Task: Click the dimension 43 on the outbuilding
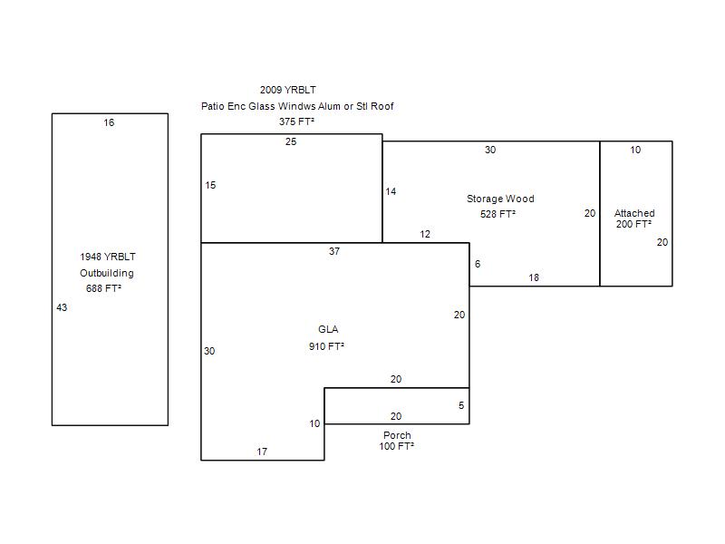tap(62, 307)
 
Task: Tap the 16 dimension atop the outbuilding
tap(109, 122)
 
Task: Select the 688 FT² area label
tap(103, 288)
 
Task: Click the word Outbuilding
tap(107, 273)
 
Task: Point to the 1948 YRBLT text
tap(108, 257)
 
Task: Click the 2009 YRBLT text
tap(287, 90)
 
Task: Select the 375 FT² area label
tap(296, 121)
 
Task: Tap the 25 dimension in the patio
tap(291, 141)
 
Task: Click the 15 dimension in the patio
tap(210, 185)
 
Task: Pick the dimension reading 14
tap(391, 191)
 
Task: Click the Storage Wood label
tap(500, 199)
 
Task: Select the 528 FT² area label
tap(498, 214)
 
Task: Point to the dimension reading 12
tap(425, 234)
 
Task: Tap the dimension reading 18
tap(534, 277)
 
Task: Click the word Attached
tap(634, 213)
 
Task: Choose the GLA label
tap(328, 329)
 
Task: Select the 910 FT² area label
tap(326, 346)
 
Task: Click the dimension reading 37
tap(334, 251)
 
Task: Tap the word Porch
tap(397, 435)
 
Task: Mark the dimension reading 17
tap(262, 452)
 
